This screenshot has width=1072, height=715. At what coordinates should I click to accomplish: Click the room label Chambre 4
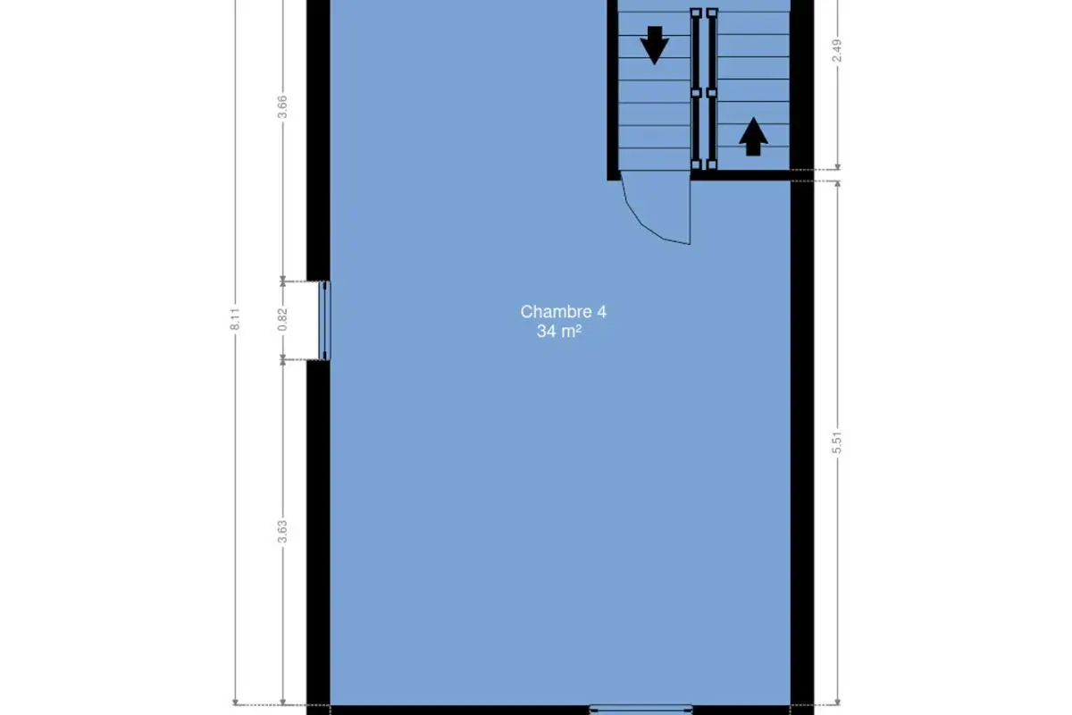coord(564,312)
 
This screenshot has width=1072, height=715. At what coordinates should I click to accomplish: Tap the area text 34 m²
coord(559,331)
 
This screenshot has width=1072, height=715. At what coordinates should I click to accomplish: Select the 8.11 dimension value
coord(235,319)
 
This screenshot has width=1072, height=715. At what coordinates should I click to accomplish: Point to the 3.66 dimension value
coord(282,106)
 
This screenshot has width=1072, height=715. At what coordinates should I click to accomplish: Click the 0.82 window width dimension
coord(282,319)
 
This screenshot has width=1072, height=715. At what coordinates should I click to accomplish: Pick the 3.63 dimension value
coord(282,532)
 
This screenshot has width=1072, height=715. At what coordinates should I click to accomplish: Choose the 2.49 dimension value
coord(837,50)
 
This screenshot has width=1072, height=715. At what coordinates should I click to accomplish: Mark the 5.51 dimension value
coord(837,442)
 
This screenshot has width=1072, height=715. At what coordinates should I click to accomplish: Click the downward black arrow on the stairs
coord(654,46)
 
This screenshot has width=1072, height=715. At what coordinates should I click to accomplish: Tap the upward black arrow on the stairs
coord(753,137)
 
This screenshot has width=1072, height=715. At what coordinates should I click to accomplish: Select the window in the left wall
coord(324,320)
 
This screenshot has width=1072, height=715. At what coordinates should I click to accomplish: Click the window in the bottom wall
coord(641,710)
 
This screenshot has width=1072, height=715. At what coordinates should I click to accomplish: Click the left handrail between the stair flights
coord(696,89)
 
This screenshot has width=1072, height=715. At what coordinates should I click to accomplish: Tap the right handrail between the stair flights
coord(712,89)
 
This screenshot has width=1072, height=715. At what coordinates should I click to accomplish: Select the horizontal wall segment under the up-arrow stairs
coord(741,175)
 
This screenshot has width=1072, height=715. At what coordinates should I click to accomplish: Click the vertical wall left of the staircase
coord(613,90)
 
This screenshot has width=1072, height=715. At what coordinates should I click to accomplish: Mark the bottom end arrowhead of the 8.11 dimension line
coord(235,702)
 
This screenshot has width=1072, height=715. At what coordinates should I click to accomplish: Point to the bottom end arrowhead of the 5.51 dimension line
coord(838,702)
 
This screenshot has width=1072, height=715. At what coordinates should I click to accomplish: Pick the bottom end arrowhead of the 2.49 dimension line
coord(838,166)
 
